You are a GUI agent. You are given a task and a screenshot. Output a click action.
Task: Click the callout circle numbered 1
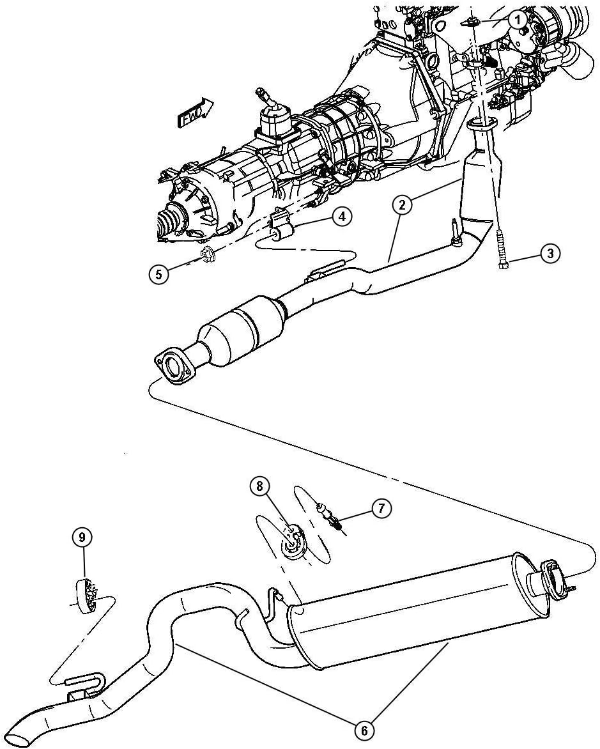coord(518,20)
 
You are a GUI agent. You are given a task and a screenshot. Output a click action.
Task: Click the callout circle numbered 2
coord(402,205)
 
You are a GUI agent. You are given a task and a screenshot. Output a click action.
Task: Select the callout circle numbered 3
coord(550,254)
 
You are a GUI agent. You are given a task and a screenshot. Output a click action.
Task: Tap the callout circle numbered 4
coord(342,217)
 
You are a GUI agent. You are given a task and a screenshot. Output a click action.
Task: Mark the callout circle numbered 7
coord(381,509)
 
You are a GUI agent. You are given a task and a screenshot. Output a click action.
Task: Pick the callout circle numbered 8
coord(260,487)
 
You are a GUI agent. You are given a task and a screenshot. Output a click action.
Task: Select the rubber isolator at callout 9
coord(84,594)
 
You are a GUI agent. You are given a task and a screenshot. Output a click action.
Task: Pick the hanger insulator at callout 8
coord(295,541)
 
